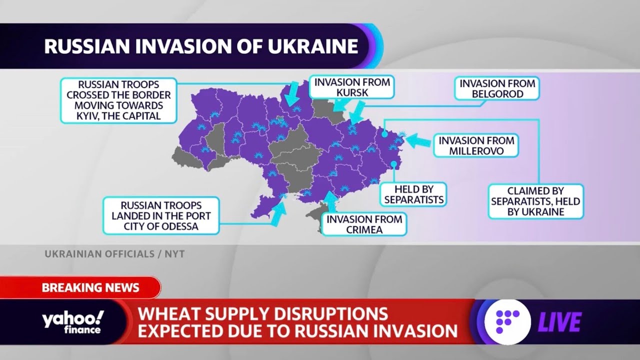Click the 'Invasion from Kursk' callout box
coord(351,86)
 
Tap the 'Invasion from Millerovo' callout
coord(476,145)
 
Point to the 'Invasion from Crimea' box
coord(363,224)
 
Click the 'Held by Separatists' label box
coord(413,194)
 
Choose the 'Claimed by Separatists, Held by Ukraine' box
coord(535,201)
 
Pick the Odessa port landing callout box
coord(161,215)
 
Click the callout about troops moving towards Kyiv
coord(119,100)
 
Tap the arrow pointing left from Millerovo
coord(417,141)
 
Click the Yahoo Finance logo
coord(73,322)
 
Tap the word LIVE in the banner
coord(559,322)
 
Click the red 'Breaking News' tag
coord(90,287)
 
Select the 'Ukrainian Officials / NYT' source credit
coord(114,254)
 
